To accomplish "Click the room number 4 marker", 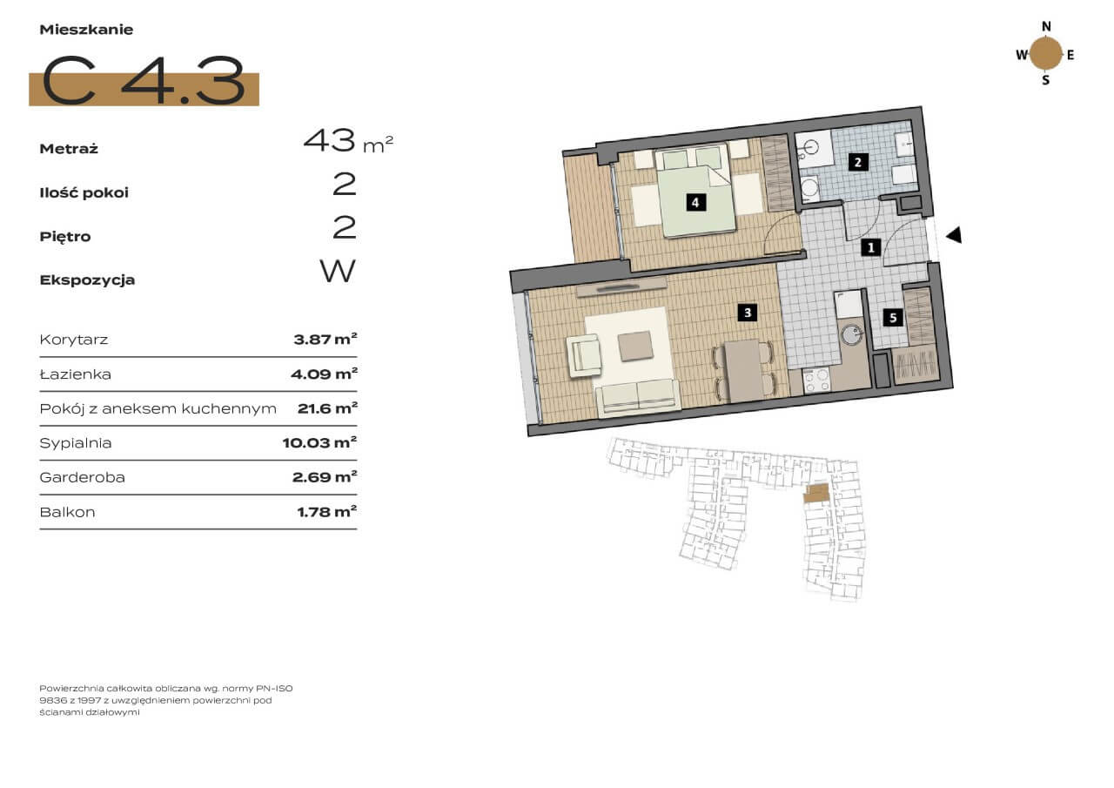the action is pyautogui.click(x=695, y=203).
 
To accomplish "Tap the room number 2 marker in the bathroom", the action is pyautogui.click(x=858, y=162).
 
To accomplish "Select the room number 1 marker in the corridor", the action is pyautogui.click(x=871, y=247).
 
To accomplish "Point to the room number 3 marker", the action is pyautogui.click(x=748, y=313).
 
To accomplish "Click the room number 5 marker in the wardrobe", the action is pyautogui.click(x=893, y=318).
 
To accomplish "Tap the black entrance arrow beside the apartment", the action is pyautogui.click(x=954, y=235).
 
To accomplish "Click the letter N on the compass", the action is pyautogui.click(x=1046, y=26).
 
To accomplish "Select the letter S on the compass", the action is pyautogui.click(x=1046, y=80).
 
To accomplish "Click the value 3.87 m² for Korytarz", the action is pyautogui.click(x=325, y=340).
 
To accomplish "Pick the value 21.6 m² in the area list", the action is pyautogui.click(x=327, y=408).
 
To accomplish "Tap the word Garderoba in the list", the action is pyautogui.click(x=82, y=477).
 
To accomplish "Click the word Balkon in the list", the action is pyautogui.click(x=67, y=512).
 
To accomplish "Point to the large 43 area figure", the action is pyautogui.click(x=329, y=141).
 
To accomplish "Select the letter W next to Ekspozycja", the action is pyautogui.click(x=338, y=271).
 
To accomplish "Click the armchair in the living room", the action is pyautogui.click(x=584, y=354).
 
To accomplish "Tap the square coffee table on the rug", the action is pyautogui.click(x=635, y=346).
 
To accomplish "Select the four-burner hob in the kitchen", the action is pyautogui.click(x=816, y=381).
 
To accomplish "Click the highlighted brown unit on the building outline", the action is pyautogui.click(x=816, y=493).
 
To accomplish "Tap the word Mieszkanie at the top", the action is pyautogui.click(x=86, y=30).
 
